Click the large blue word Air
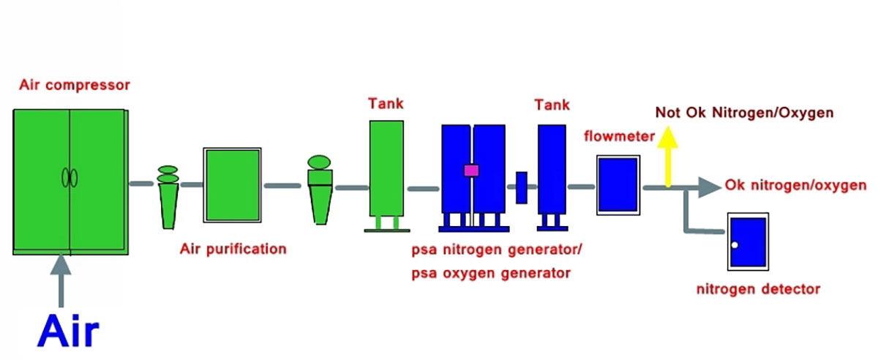click(x=68, y=331)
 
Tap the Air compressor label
click(x=75, y=86)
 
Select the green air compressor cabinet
click(x=70, y=181)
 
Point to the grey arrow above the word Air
click(x=61, y=282)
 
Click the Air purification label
click(x=233, y=249)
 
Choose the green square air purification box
click(x=233, y=185)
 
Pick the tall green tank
click(x=386, y=168)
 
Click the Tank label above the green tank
click(x=386, y=104)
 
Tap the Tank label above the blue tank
click(x=552, y=105)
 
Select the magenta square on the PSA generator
click(x=471, y=170)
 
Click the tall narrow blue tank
click(x=552, y=168)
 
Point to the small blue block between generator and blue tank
click(x=522, y=187)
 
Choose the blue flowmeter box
click(x=618, y=184)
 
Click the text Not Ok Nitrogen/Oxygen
click(x=744, y=113)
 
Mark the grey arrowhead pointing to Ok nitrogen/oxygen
click(x=709, y=187)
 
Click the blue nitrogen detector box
click(x=747, y=242)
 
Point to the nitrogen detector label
click(x=758, y=289)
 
